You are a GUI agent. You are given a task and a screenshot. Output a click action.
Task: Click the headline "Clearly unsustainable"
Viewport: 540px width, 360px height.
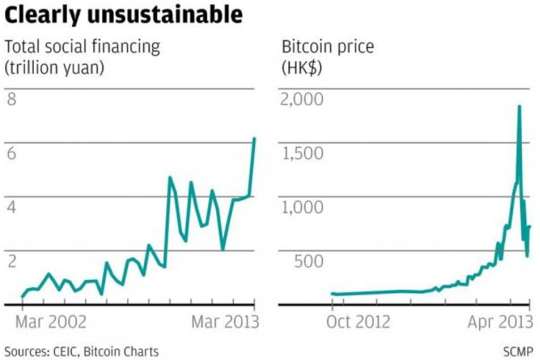click(123, 15)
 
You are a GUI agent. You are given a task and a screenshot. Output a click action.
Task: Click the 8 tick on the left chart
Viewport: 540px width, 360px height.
click(12, 100)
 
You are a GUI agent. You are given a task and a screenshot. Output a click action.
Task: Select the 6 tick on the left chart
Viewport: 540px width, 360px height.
click(12, 154)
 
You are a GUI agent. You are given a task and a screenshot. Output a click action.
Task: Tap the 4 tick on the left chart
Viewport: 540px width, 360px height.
click(12, 207)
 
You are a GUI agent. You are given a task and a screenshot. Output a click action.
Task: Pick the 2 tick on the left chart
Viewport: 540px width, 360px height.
click(12, 261)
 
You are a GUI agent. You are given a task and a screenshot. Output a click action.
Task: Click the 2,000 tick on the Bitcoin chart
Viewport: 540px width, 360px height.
click(303, 100)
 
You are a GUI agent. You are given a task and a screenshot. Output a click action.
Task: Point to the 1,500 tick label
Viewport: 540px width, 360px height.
click(303, 154)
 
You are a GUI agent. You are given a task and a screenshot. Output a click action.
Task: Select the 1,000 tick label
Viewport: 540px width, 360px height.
click(303, 207)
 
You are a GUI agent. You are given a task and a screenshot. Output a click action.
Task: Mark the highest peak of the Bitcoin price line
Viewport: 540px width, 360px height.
click(519, 106)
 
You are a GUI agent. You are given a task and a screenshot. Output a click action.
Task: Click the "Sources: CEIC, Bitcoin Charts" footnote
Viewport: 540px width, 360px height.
click(82, 350)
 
